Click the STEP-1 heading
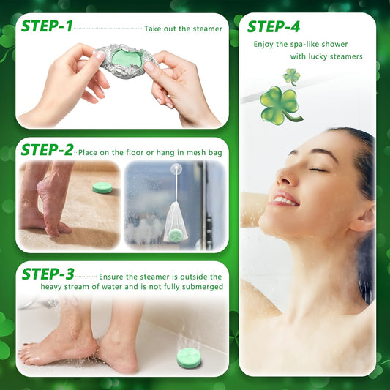[x=47, y=27]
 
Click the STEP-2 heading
[x=47, y=151]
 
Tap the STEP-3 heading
[x=48, y=274]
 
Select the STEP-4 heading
[x=273, y=27]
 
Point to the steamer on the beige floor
[x=102, y=187]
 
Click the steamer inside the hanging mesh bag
[x=175, y=235]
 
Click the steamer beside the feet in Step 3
[x=189, y=358]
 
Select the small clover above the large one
[x=291, y=75]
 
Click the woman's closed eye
[x=316, y=169]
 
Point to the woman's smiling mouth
[x=285, y=200]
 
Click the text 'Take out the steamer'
[x=183, y=29]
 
